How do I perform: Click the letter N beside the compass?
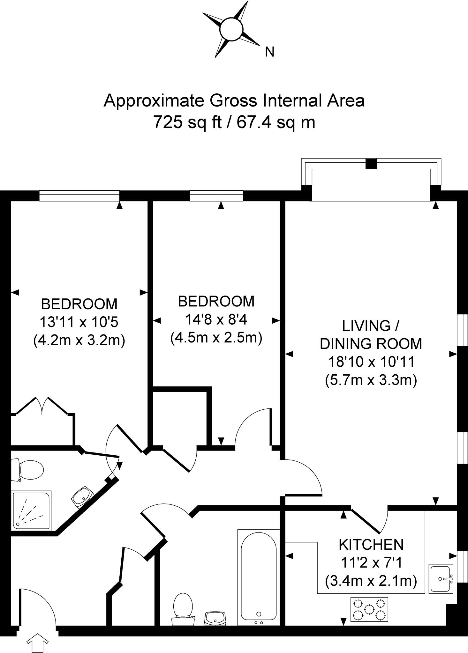click(x=270, y=52)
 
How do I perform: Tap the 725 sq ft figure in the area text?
click(x=187, y=122)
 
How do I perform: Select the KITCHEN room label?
click(x=371, y=544)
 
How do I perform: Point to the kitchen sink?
click(x=442, y=578)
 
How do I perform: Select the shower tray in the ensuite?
click(x=31, y=510)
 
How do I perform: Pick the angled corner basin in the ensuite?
click(x=82, y=496)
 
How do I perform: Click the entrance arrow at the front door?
click(x=37, y=643)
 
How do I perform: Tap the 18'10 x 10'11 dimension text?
click(x=371, y=362)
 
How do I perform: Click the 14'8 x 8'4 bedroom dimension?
click(x=216, y=319)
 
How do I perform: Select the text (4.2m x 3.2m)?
click(x=79, y=340)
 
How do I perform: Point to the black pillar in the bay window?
click(x=371, y=164)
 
